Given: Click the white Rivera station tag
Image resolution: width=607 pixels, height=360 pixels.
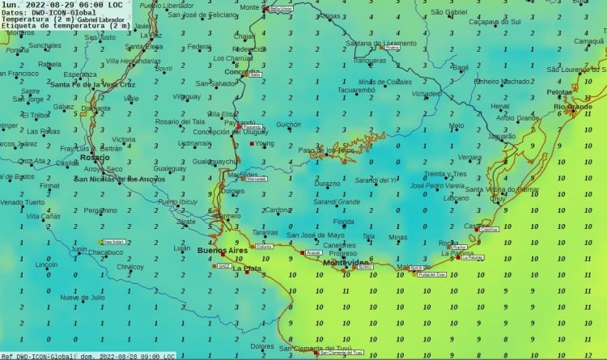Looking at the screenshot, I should (393, 48).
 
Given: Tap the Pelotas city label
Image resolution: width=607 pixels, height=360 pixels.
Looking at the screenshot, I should (559, 92).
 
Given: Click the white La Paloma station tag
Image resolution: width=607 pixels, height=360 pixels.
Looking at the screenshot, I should (473, 258).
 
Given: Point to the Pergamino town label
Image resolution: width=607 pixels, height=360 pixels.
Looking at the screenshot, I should (100, 210).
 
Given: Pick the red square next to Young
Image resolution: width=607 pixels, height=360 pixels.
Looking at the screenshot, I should (248, 145).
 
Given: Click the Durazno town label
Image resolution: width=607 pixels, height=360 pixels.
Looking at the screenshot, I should (327, 184).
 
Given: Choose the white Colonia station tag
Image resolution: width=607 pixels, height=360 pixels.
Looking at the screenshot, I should (263, 246).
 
